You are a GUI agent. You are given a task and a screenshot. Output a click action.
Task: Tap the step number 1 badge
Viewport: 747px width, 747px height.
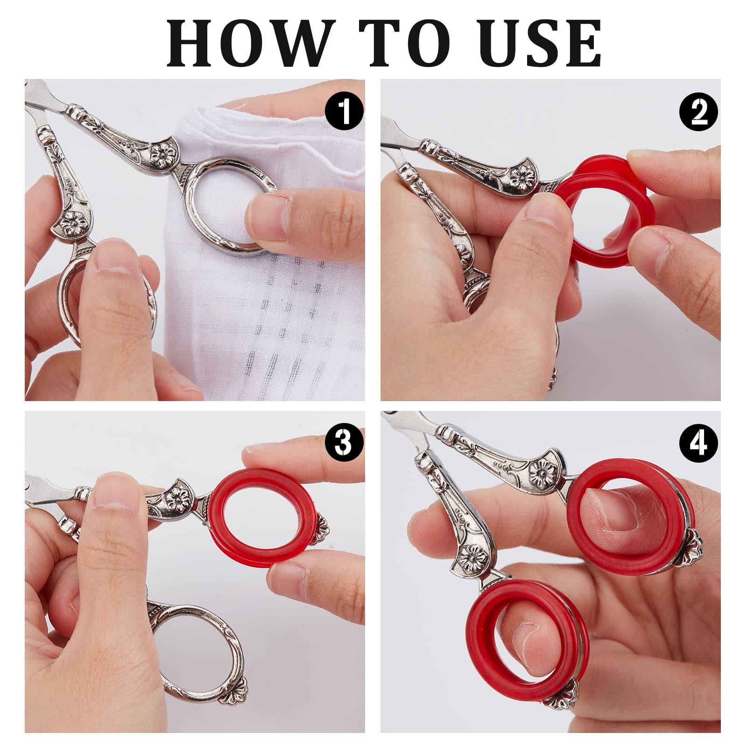tap(344, 111)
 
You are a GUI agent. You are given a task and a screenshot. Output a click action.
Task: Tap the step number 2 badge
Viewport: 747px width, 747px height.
tap(698, 111)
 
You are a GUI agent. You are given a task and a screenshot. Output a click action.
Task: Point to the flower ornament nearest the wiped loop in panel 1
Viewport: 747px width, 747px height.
tap(164, 155)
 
